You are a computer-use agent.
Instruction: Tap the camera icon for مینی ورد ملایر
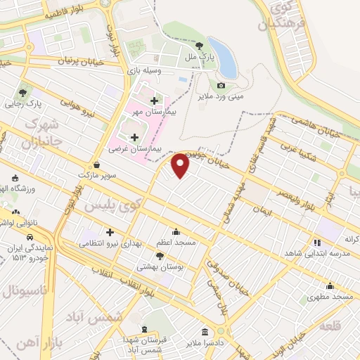(x=221, y=85)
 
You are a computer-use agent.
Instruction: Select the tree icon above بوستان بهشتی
(x=160, y=255)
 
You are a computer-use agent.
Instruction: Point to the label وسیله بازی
(x=144, y=71)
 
